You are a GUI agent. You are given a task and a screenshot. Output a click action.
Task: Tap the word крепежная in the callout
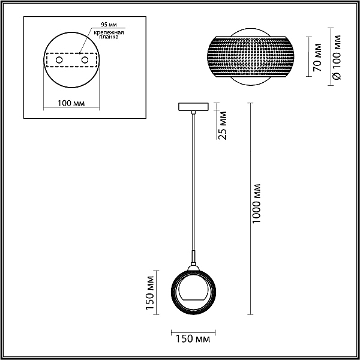point(109,32)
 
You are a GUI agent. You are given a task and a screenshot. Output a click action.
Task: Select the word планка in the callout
point(109,37)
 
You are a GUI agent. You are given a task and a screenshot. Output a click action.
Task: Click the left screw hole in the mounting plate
point(59,60)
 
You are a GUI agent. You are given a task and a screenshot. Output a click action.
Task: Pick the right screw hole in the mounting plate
point(85,60)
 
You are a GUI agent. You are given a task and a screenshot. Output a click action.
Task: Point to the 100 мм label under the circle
point(71,103)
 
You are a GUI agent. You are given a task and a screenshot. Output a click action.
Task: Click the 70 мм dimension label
point(317,57)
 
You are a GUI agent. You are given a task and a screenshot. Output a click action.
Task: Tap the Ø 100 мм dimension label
point(337,57)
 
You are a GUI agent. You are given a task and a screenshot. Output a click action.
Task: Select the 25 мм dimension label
point(222,125)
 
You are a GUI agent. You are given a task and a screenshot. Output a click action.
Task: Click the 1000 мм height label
point(256,203)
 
